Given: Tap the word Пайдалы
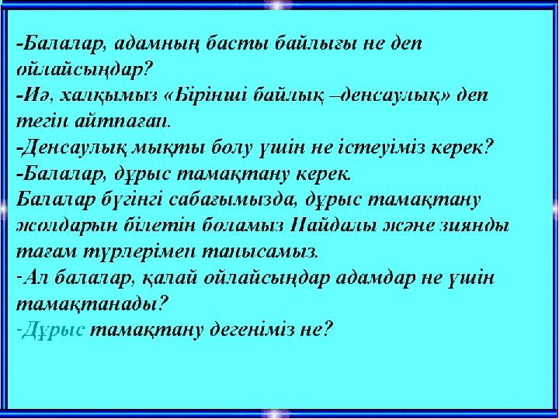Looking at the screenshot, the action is pos(328,226).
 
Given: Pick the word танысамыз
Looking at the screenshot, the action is pos(259,251).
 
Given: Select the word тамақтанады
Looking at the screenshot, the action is pos(92,305).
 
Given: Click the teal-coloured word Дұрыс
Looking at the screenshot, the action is pos(53,331).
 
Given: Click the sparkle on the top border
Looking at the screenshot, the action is pos(278,5).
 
